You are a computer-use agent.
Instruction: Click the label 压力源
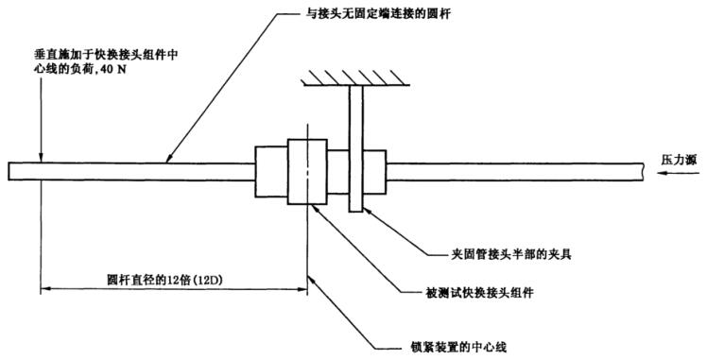coord(678,161)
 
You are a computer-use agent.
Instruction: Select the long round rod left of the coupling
coord(132,172)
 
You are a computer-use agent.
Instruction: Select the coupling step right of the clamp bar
coord(374,171)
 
